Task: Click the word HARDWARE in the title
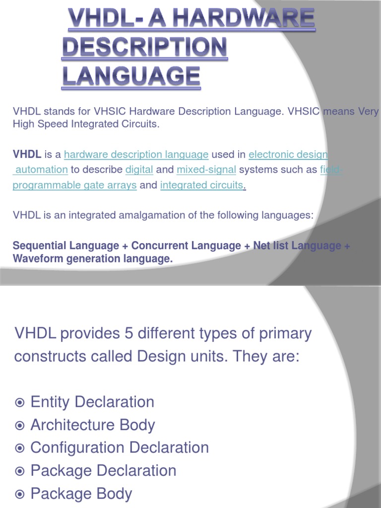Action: click(x=244, y=18)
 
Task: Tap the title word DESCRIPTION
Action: click(x=144, y=47)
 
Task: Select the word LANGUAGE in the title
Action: click(x=131, y=76)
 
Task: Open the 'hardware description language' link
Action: click(x=136, y=155)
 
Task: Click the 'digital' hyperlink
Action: click(x=139, y=170)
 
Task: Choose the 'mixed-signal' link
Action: click(x=206, y=170)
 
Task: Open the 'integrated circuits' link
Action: click(x=201, y=185)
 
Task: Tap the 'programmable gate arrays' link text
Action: click(x=74, y=186)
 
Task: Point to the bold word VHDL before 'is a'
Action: click(x=27, y=154)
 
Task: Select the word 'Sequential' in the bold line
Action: click(x=40, y=246)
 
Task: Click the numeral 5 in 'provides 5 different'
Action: click(x=128, y=333)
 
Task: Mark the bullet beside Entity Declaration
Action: click(x=20, y=402)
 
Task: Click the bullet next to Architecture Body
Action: click(x=20, y=425)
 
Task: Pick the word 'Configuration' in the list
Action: click(x=77, y=448)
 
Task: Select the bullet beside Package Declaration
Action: click(x=20, y=471)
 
